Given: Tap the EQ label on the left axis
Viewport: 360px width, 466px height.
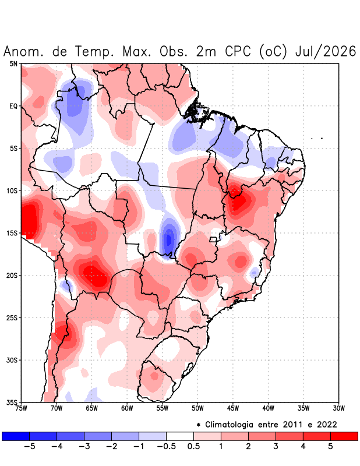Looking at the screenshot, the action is pyautogui.click(x=13, y=106).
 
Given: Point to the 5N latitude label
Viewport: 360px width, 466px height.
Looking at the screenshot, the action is pyautogui.click(x=13, y=63).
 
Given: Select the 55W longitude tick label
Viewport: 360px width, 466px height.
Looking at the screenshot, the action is pyautogui.click(x=163, y=408).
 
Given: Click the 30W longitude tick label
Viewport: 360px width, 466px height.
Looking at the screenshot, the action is pyautogui.click(x=338, y=408).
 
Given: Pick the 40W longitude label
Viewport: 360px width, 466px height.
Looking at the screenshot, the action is pyautogui.click(x=268, y=408).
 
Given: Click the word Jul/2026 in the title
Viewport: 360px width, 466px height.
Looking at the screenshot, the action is pyautogui.click(x=326, y=51).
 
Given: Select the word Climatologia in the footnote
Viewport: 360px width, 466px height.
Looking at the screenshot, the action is pyautogui.click(x=229, y=425).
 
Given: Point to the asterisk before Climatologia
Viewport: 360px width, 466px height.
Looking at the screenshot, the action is pyautogui.click(x=198, y=425).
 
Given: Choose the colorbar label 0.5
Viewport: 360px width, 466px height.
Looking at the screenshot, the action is pyautogui.click(x=193, y=446).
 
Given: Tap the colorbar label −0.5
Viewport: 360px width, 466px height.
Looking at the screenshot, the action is pyautogui.click(x=166, y=446).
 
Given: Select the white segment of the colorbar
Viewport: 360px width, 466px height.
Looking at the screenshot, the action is pyautogui.click(x=180, y=436).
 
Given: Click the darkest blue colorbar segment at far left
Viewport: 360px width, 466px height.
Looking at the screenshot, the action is pyautogui.click(x=16, y=436).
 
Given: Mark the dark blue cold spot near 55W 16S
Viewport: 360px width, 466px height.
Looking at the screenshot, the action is pyautogui.click(x=169, y=239).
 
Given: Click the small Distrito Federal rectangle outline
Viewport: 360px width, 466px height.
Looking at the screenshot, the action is pyautogui.click(x=213, y=239).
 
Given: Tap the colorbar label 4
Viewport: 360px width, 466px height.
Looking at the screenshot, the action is pyautogui.click(x=303, y=446).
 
